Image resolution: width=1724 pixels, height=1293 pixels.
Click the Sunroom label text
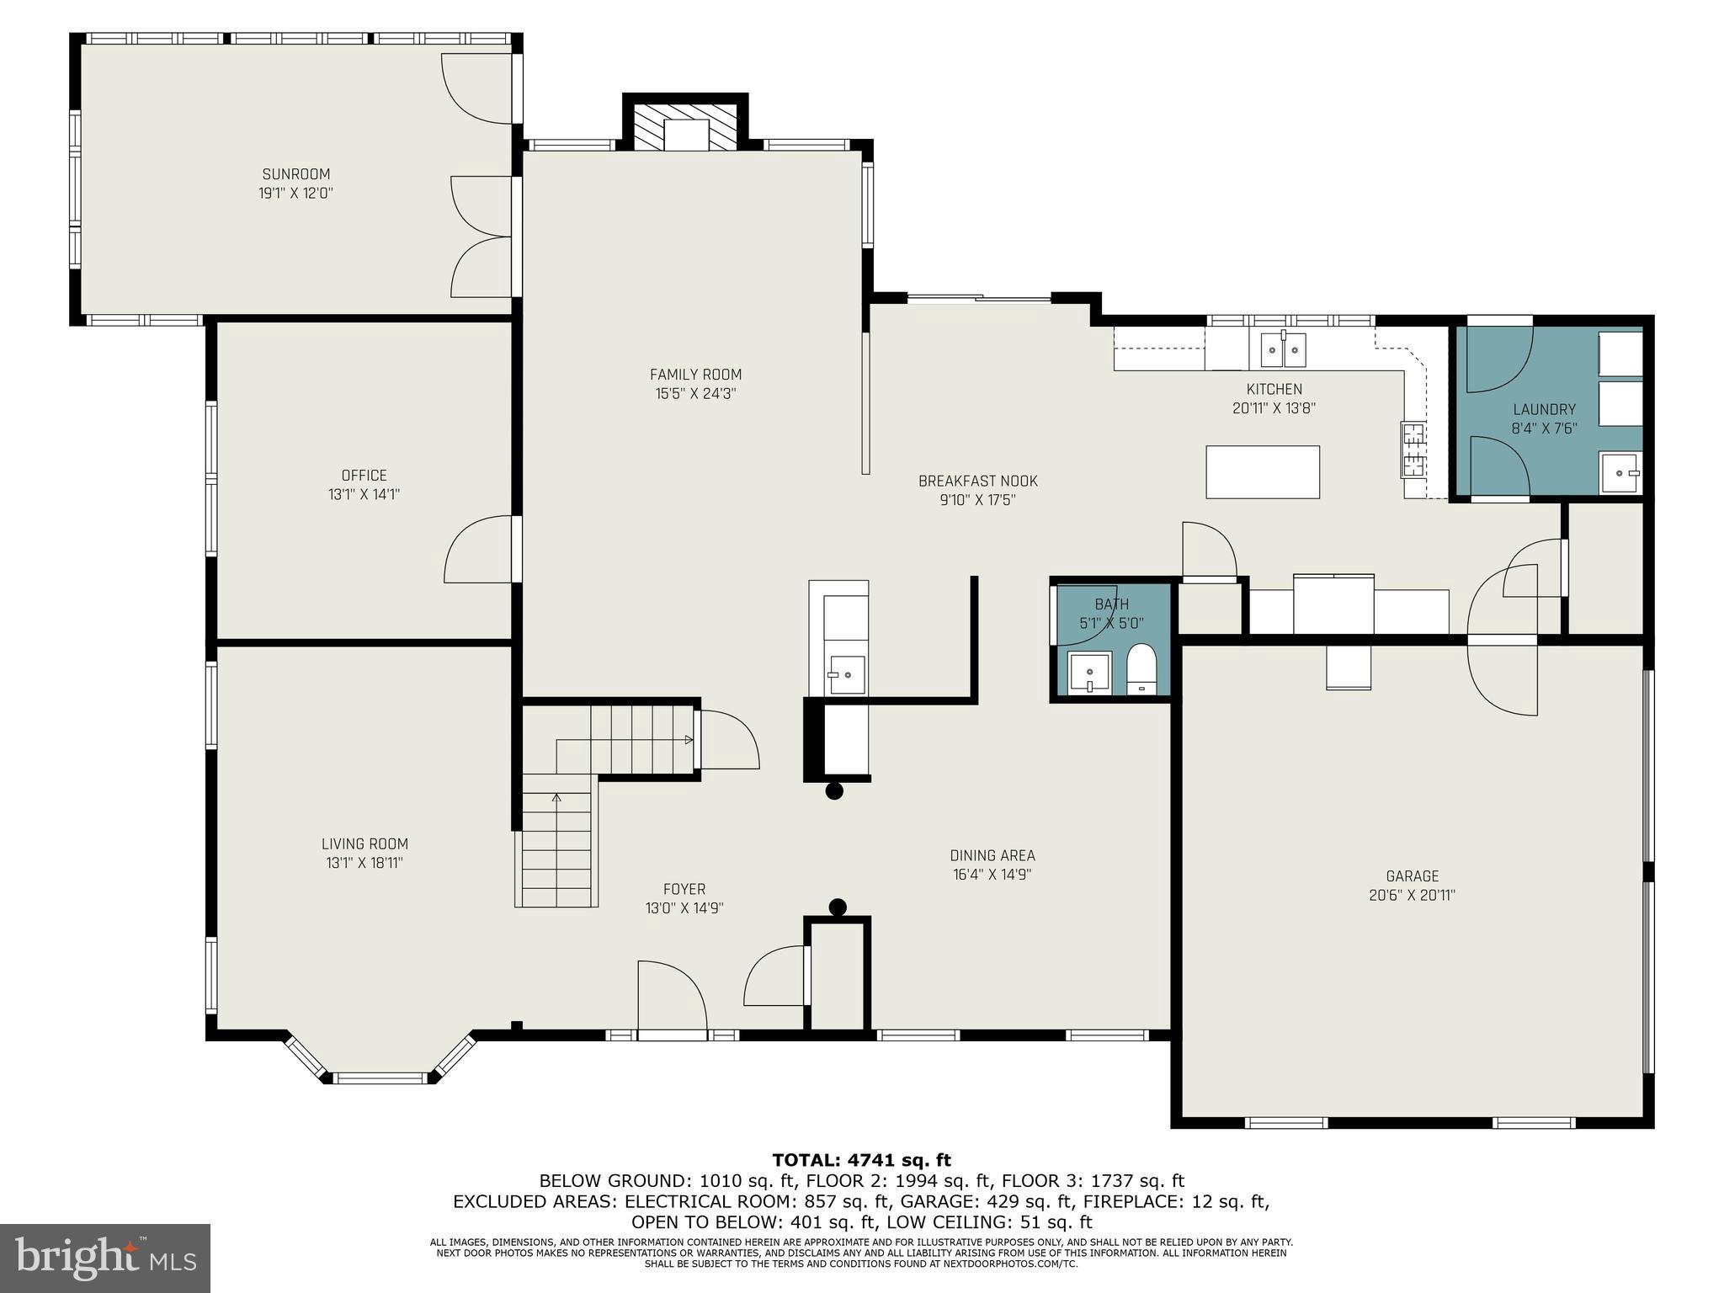(x=295, y=174)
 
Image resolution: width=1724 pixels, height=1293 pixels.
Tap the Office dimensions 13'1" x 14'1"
(x=364, y=494)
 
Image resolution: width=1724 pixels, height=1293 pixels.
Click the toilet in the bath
(x=1142, y=669)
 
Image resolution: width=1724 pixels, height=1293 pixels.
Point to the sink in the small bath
(x=1089, y=673)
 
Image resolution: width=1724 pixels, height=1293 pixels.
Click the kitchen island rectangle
(x=1262, y=472)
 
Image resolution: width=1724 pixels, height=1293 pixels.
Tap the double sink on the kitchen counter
(x=1283, y=349)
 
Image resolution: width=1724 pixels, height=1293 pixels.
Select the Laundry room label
(x=1544, y=410)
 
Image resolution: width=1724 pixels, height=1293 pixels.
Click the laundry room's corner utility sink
(x=1619, y=473)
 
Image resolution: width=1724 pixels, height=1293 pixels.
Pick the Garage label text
(x=1412, y=876)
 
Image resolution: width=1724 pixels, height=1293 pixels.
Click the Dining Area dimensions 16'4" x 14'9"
(x=992, y=875)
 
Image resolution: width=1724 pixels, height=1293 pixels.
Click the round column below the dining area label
(x=837, y=907)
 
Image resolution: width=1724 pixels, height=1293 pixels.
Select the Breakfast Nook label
(x=977, y=482)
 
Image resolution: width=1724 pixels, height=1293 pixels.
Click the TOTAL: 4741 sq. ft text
(x=861, y=1161)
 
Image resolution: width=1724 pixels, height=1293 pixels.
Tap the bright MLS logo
(x=105, y=1258)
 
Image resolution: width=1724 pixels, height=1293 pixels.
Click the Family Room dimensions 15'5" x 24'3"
(x=695, y=393)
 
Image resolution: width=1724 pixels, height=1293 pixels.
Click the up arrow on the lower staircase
(x=556, y=797)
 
